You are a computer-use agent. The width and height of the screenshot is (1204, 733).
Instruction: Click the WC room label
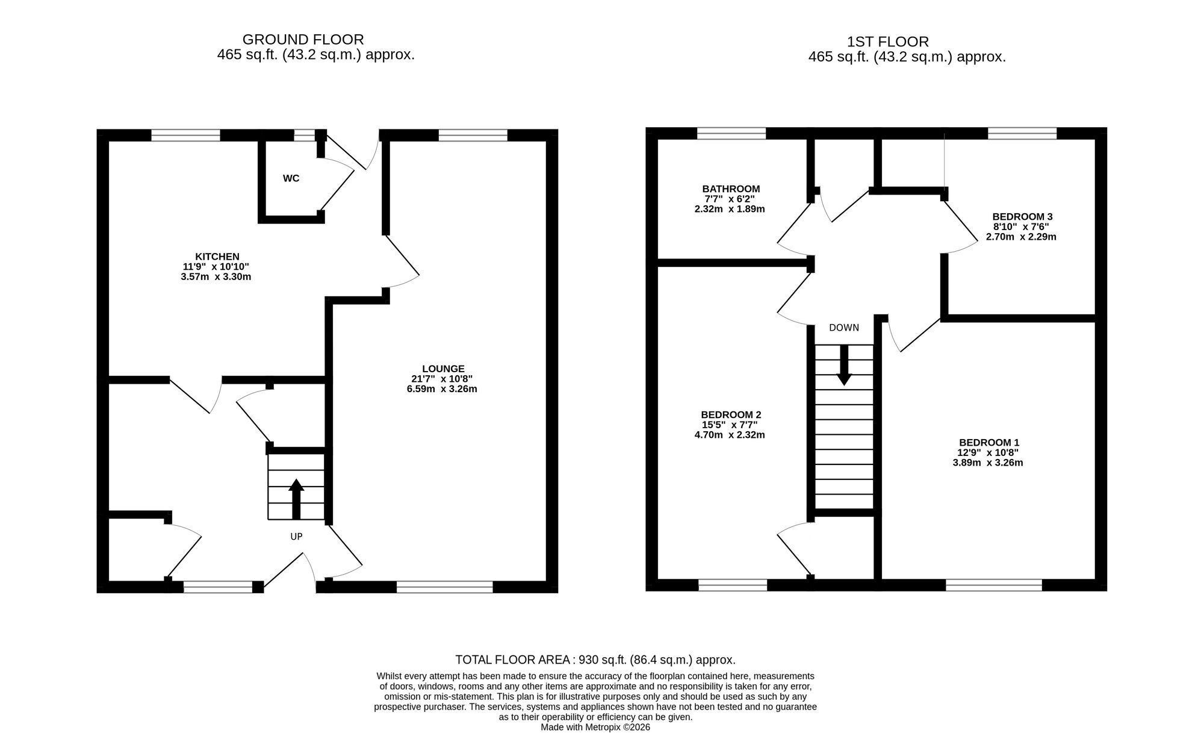click(x=291, y=178)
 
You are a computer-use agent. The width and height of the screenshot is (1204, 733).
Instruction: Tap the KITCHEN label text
click(x=217, y=257)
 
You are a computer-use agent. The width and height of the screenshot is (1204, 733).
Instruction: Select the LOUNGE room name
click(x=443, y=369)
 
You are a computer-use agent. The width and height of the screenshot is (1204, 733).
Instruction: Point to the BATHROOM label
click(x=731, y=189)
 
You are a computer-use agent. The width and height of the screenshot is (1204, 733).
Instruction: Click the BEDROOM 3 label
click(x=1022, y=216)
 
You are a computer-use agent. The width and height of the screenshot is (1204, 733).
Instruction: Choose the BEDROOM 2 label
click(x=731, y=414)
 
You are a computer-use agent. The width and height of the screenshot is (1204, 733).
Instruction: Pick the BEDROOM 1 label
click(x=989, y=442)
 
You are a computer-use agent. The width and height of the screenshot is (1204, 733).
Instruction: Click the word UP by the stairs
click(x=296, y=536)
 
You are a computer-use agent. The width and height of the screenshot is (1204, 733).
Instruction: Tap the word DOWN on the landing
click(x=844, y=328)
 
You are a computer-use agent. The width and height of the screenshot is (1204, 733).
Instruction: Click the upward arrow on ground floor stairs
click(x=296, y=499)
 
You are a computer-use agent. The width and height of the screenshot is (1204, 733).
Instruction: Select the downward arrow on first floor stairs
click(x=844, y=365)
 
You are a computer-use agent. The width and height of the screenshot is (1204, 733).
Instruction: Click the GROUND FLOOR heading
click(x=303, y=40)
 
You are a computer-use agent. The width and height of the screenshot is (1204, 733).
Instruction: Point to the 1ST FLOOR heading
click(x=888, y=42)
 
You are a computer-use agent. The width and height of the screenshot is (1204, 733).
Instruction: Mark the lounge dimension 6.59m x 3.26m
click(x=442, y=389)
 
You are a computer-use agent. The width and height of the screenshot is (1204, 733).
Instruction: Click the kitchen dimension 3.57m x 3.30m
click(x=216, y=277)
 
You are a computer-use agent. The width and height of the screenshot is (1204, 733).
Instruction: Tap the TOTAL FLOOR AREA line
click(x=595, y=660)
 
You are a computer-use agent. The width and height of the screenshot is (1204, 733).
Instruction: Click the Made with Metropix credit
click(x=595, y=727)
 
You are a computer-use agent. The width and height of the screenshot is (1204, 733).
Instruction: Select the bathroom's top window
click(x=731, y=134)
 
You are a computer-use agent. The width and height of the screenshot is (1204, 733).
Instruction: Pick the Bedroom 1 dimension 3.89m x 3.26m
click(x=988, y=463)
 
